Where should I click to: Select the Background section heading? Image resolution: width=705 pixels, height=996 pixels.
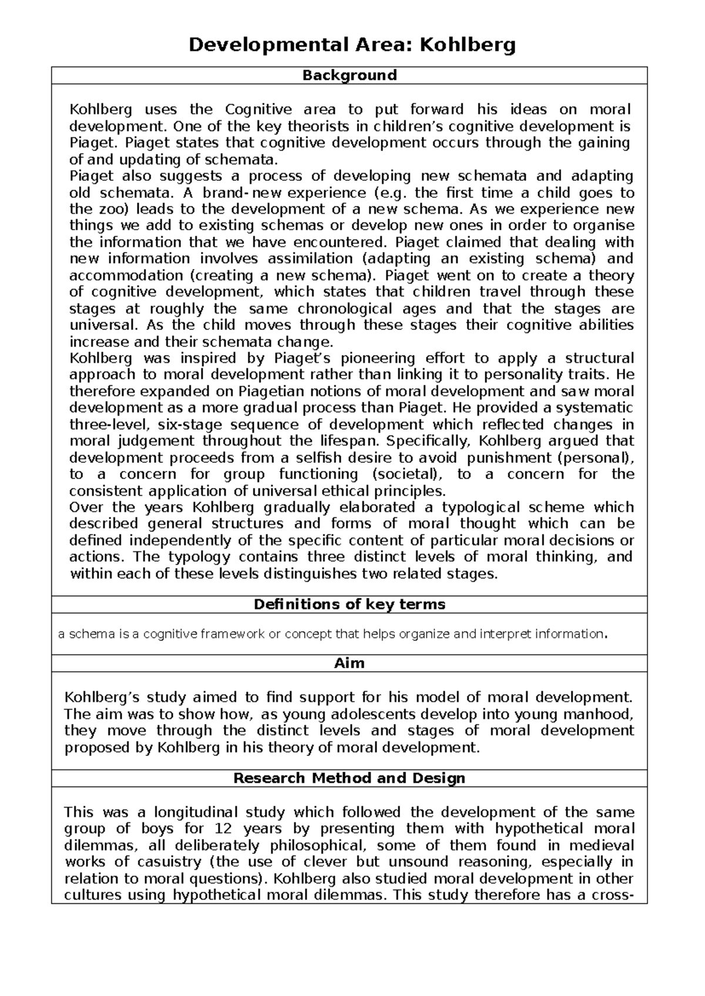pyautogui.click(x=350, y=75)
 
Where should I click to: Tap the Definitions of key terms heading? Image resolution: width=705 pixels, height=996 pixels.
pyautogui.click(x=350, y=604)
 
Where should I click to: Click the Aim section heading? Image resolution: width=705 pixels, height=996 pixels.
pyautogui.click(x=350, y=663)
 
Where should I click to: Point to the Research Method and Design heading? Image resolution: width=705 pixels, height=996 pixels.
pyautogui.click(x=350, y=778)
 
